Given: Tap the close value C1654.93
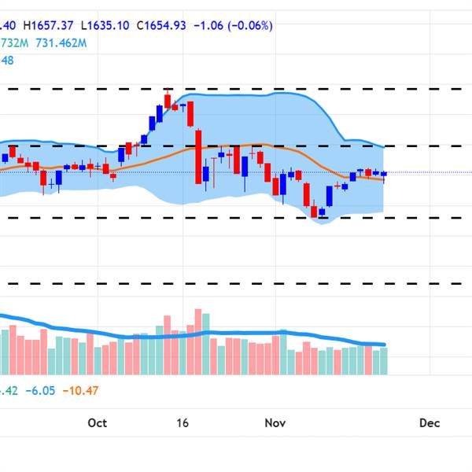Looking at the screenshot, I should (160, 25).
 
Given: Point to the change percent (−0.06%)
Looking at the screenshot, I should (250, 25).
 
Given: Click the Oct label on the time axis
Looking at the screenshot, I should (97, 423).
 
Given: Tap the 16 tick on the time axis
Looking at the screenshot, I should (183, 423).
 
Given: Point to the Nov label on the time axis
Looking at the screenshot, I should (275, 423).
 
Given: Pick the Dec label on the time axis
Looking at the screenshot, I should (430, 423).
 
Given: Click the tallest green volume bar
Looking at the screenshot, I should (206, 342).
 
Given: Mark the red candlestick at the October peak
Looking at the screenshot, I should (168, 100).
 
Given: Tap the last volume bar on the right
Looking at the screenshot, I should (384, 360).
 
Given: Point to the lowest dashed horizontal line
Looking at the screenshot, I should (236, 283).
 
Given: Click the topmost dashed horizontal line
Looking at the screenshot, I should (236, 88).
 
